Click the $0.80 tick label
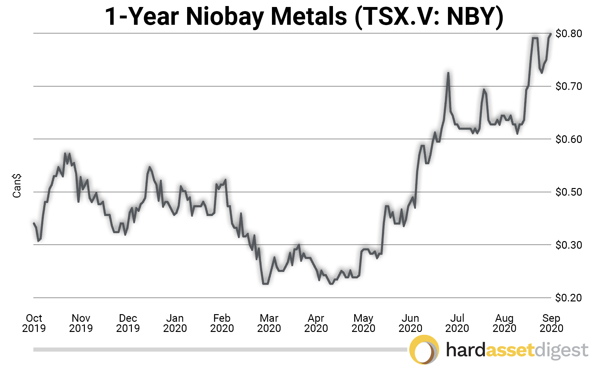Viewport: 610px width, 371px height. coord(568,33)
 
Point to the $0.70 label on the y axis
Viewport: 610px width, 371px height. coord(568,86)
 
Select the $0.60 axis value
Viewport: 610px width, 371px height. coord(568,139)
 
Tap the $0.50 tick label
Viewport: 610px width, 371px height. coord(568,192)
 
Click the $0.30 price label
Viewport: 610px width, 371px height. coord(568,245)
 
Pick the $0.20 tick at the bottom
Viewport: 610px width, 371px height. coord(568,298)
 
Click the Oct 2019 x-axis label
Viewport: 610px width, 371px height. coord(34,323)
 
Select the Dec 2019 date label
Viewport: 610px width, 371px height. coord(128,323)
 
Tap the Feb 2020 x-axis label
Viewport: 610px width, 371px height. coord(222,323)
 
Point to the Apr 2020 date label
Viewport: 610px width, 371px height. coord(316,323)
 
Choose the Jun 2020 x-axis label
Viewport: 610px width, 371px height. coord(410,323)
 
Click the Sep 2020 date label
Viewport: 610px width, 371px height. coord(551,323)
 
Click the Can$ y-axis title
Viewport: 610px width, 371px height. coord(17,186)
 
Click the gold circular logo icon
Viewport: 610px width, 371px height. coord(424,350)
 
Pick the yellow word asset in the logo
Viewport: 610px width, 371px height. coord(510,350)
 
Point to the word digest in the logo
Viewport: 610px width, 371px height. coord(561,351)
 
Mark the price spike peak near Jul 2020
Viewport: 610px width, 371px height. coord(448,73)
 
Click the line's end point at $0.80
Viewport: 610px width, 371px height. coord(551,34)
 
